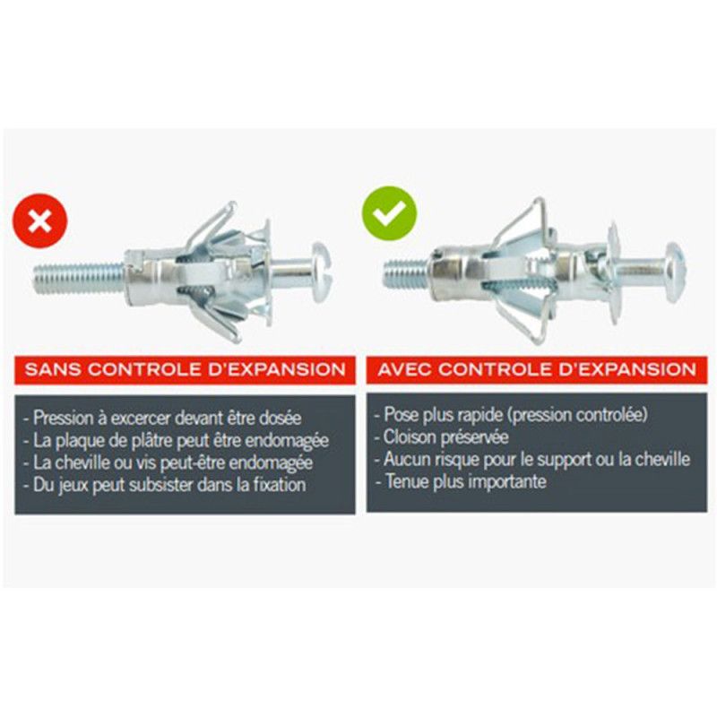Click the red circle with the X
coord(39,220)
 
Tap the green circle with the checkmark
coord(390,213)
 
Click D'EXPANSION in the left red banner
coord(277,369)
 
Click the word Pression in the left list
coord(63,418)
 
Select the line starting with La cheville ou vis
coord(168,462)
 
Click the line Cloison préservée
coord(441,437)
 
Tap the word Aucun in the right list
coord(405,459)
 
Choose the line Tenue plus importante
coord(461,481)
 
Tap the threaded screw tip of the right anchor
coord(407,273)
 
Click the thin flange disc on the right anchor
coord(613,273)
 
